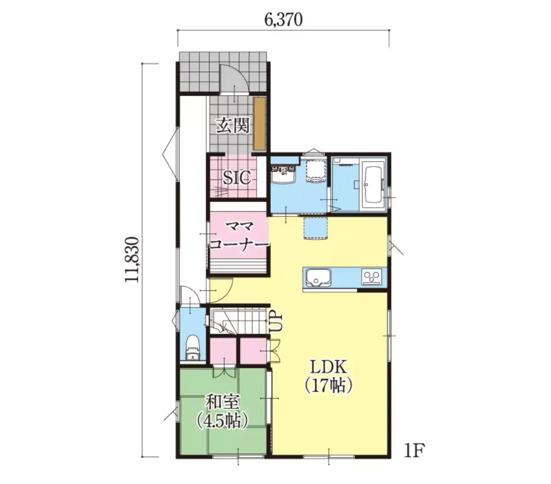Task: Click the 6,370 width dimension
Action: pos(283,20)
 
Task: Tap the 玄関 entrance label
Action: pos(233,125)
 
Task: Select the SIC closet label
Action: pos(236,177)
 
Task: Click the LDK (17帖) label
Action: pos(328,376)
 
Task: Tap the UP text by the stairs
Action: pos(276,323)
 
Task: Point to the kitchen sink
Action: pos(318,278)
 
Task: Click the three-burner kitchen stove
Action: pos(371,277)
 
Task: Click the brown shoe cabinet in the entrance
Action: pos(259,123)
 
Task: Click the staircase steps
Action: pos(238,322)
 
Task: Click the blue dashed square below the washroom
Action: pos(316,228)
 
